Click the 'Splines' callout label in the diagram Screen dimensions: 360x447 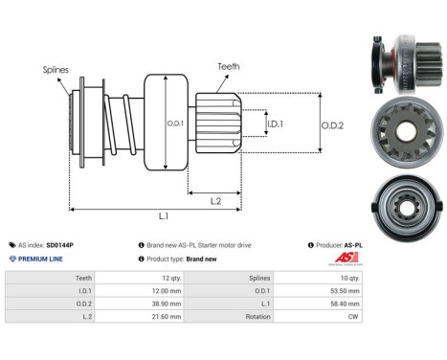pyautogui.click(x=55, y=70)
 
